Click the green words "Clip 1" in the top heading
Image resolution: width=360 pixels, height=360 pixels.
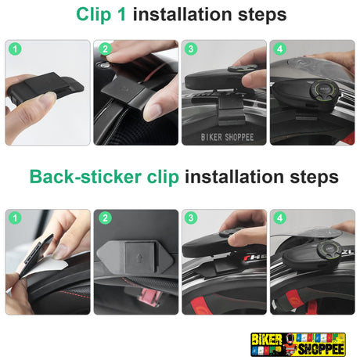point(101,14)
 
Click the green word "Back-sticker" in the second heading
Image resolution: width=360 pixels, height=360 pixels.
point(85,177)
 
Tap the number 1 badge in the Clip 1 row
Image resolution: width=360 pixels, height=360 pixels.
point(15,49)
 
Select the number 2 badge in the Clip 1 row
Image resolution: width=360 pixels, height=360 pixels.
point(105,49)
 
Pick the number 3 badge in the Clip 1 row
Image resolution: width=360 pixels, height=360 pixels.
point(191,49)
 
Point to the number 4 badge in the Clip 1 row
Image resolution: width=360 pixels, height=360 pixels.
point(279,49)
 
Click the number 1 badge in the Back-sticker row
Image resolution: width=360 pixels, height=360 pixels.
point(15,218)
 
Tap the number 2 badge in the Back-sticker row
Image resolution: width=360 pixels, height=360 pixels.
point(105,218)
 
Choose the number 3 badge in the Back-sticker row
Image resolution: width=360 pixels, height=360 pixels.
point(191,218)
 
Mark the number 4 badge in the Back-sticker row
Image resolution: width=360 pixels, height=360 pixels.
point(279,218)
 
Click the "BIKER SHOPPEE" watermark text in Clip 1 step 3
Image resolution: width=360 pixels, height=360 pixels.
point(227,137)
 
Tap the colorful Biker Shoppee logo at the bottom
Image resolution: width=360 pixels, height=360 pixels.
point(298,344)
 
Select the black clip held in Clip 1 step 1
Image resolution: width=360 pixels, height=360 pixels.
point(45,87)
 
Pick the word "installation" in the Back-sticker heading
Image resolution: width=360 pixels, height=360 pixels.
point(234,176)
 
